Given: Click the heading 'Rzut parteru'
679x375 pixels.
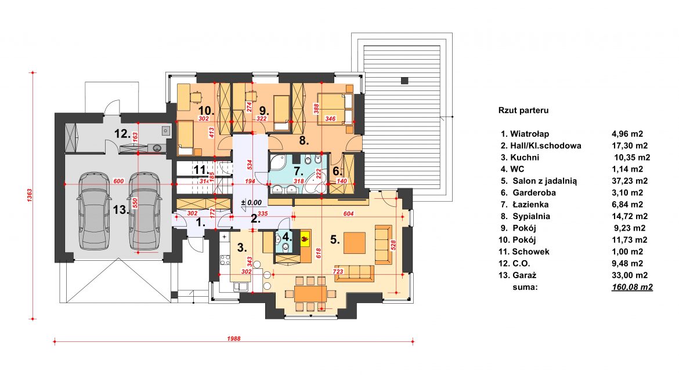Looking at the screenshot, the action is coord(523,110).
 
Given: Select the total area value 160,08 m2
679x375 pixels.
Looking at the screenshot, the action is coord(632,287).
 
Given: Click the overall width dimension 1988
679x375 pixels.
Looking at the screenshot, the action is coord(234,338).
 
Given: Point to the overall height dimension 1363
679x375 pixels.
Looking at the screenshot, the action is coord(30,195).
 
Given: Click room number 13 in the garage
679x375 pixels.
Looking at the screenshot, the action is coord(121,210).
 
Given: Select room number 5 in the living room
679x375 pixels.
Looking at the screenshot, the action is coord(335,239).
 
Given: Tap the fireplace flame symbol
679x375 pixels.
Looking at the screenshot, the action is coord(305,238).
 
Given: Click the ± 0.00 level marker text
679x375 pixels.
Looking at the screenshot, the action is coord(252,202).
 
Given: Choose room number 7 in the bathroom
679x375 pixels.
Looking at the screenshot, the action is coord(298,172).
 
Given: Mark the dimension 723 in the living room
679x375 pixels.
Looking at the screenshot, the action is coord(338,272).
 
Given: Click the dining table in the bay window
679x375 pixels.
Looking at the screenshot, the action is coord(310,294).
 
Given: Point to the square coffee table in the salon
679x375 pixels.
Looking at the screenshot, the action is coord(354,243).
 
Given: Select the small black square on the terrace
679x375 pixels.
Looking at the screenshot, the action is coord(404,81).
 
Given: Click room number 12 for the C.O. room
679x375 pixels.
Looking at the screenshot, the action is coord(122,134).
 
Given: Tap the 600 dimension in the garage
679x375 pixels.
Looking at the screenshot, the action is coord(119,181).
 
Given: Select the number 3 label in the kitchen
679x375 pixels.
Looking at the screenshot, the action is coord(242,248).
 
